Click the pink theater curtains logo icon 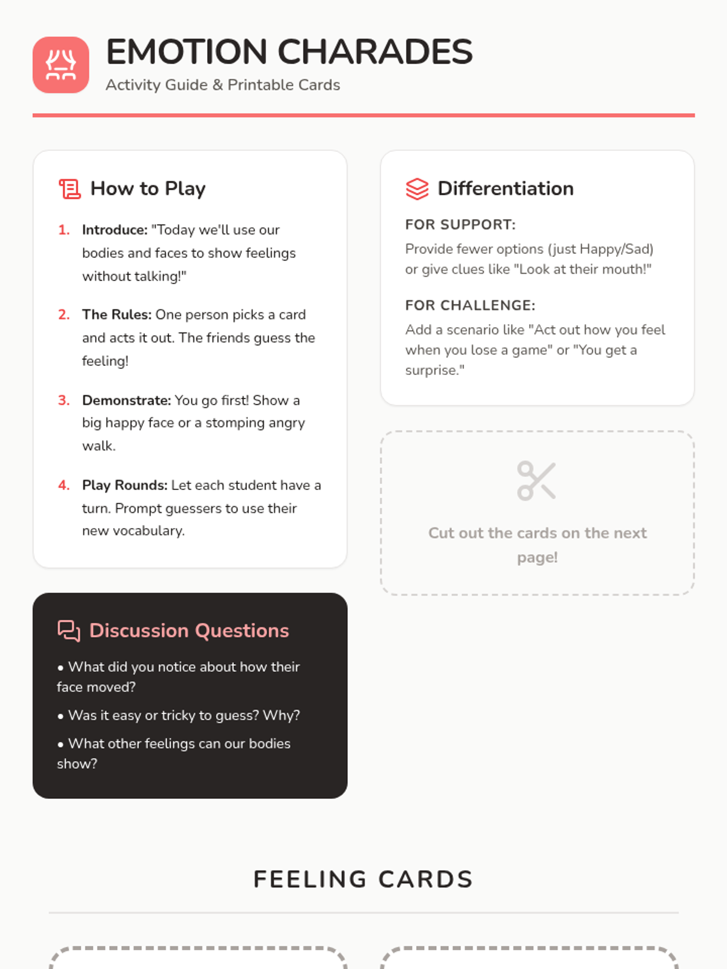(61, 65)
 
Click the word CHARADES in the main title (375, 51)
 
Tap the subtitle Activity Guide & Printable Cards (223, 85)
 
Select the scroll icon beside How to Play (70, 189)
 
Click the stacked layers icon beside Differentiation (417, 189)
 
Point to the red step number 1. (64, 230)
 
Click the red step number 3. (64, 400)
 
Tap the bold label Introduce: (115, 230)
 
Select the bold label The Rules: (117, 315)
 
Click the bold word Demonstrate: (127, 400)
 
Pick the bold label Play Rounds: (125, 485)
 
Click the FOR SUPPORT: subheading (460, 225)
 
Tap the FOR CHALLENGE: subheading (470, 305)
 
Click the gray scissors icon (536, 481)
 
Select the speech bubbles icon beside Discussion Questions (69, 631)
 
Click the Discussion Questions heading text (189, 630)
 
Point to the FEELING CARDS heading (363, 879)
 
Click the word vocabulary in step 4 (148, 531)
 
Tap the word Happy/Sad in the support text (616, 249)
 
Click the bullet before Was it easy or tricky (61, 716)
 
